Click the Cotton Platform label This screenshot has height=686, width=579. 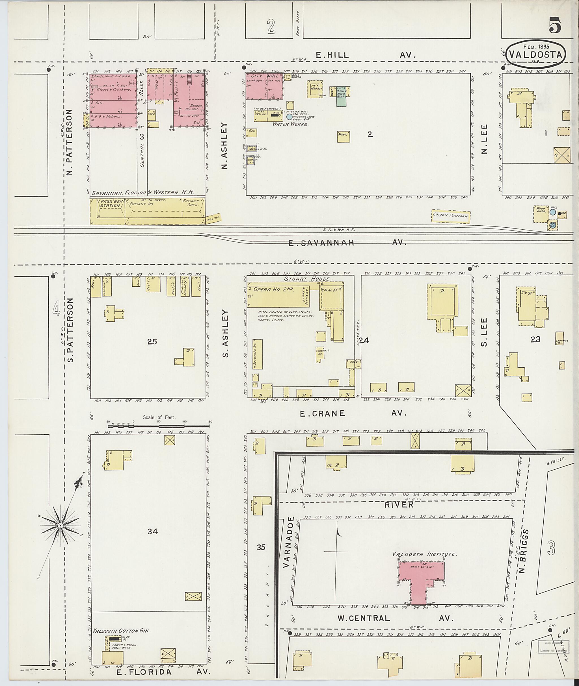(451, 216)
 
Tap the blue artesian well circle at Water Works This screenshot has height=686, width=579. (289, 117)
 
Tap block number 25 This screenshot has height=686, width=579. (152, 342)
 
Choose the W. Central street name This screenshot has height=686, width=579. (364, 619)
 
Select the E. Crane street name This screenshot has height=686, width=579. (322, 413)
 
